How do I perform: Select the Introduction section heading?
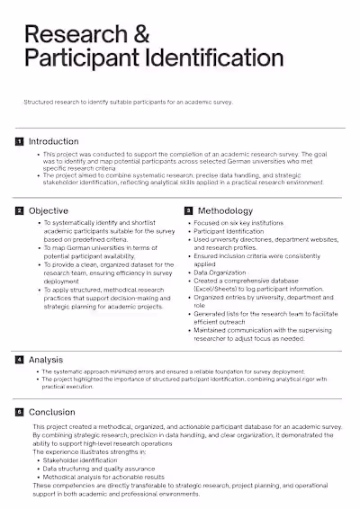pos(54,141)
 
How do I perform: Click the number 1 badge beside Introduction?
pos(19,141)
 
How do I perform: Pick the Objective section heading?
pos(49,210)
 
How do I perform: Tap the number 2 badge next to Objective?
pos(19,210)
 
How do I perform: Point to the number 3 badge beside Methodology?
pos(189,210)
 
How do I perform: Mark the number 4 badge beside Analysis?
pos(19,360)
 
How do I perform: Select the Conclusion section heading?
pos(52,412)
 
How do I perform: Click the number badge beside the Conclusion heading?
pos(19,412)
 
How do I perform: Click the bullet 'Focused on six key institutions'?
pos(239,222)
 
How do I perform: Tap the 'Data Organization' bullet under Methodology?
pos(220,272)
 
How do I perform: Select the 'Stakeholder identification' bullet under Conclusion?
pos(78,460)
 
